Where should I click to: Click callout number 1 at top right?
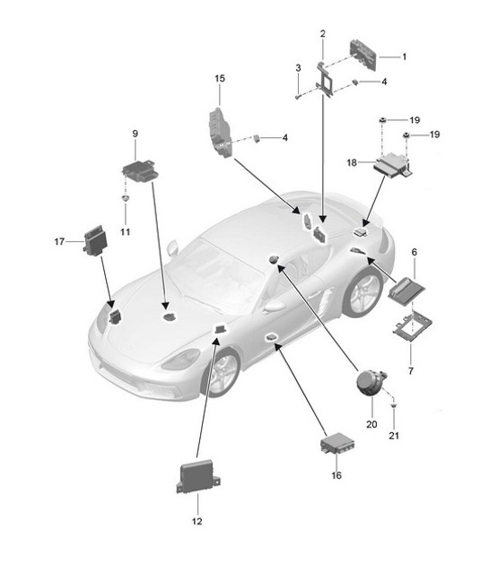point(404,56)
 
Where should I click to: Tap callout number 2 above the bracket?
point(322,34)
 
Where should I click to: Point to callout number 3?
point(297,68)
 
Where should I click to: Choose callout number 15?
point(219,79)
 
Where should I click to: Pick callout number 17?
point(59,240)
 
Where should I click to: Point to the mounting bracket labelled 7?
point(410,328)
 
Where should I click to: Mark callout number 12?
point(196,521)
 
